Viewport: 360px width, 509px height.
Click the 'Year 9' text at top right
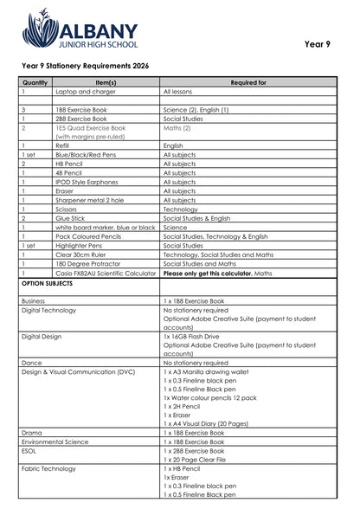(317, 43)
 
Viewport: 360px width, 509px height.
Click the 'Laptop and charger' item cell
(83, 90)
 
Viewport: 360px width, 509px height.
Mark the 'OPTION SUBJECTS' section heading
(51, 283)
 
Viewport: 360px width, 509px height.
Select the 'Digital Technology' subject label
(48, 309)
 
